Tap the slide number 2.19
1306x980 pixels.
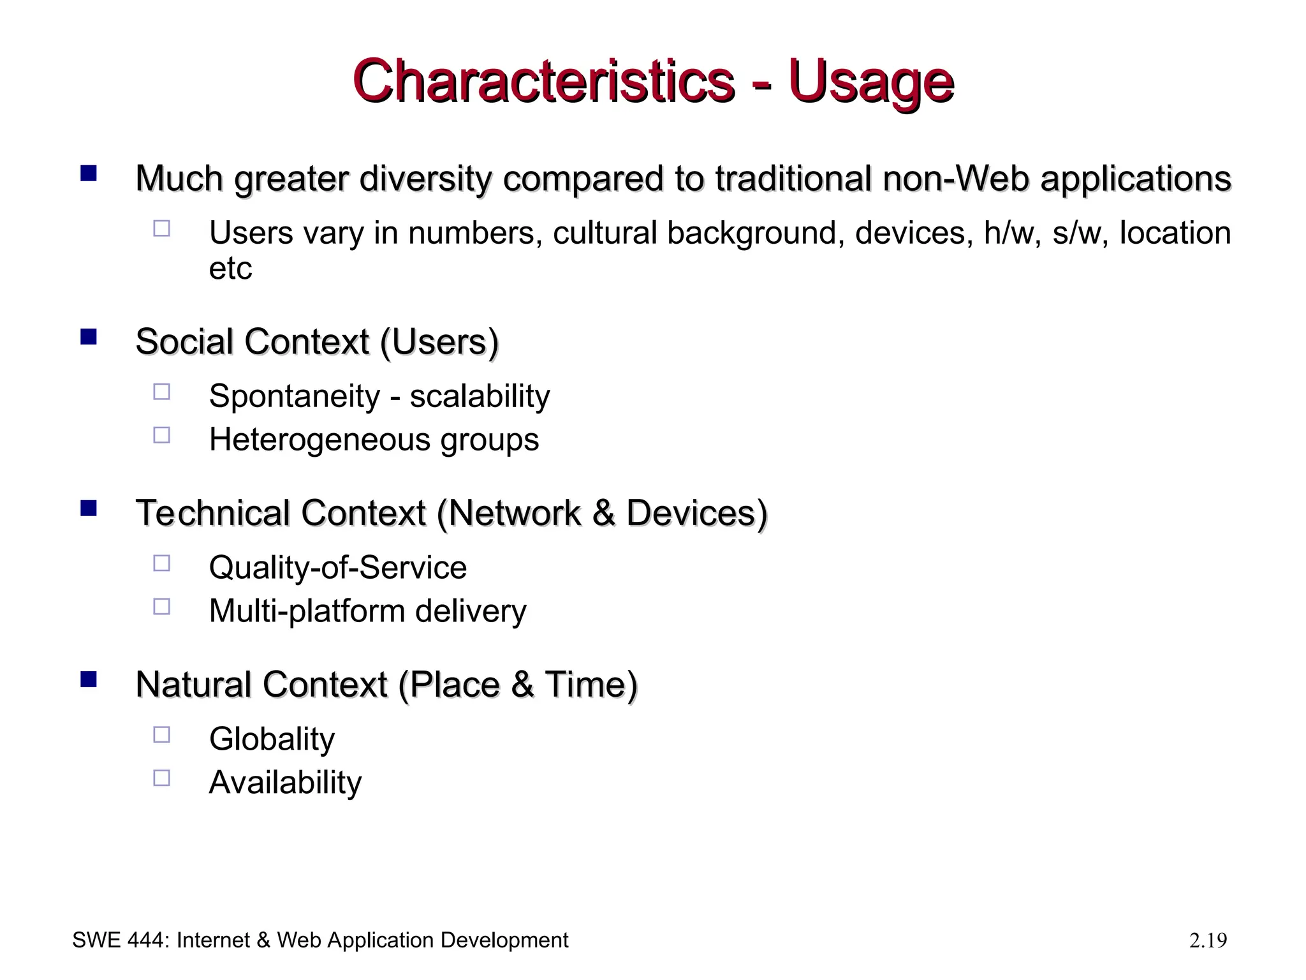1208,940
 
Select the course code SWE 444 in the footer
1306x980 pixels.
120,940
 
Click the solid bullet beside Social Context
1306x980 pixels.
89,336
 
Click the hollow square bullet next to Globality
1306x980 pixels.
162,734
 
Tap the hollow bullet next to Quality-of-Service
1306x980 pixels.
162,563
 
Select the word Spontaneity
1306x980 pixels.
294,396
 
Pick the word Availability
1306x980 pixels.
285,782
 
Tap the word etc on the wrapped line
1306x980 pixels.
230,269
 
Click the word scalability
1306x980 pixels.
480,396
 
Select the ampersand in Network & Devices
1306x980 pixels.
604,514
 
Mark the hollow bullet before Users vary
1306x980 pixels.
162,228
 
